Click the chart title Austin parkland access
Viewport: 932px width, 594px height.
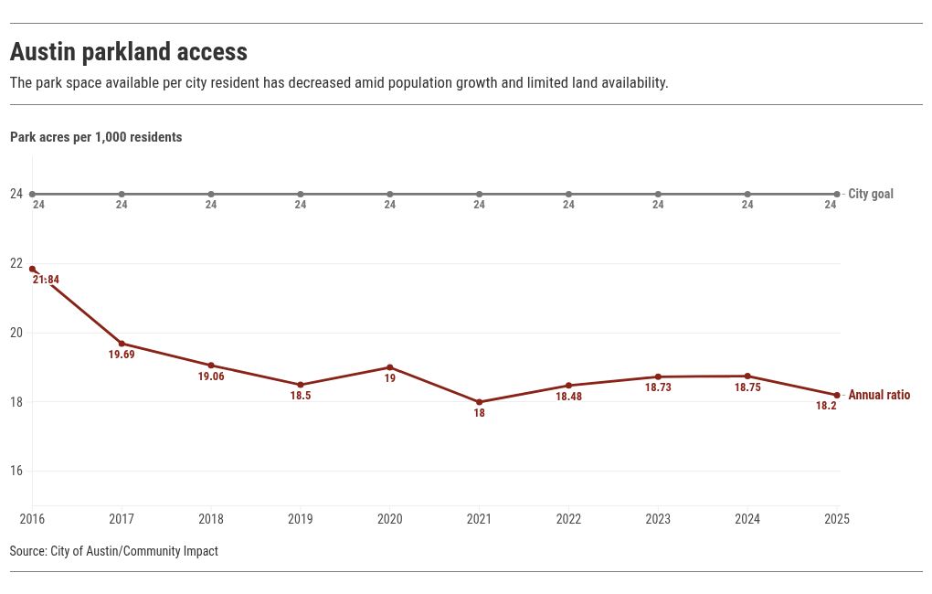coord(129,52)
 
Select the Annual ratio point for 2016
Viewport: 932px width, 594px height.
coord(33,270)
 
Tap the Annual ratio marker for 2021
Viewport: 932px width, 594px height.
coord(479,402)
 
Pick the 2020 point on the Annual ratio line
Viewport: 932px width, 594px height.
coord(390,367)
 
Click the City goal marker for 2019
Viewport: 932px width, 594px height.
coord(301,194)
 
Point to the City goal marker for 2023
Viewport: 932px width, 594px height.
coord(658,194)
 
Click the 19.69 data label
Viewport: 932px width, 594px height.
coord(122,355)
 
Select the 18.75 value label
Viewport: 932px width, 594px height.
coord(747,387)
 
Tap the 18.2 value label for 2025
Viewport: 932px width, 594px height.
coord(826,406)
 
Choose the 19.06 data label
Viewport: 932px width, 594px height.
coord(211,377)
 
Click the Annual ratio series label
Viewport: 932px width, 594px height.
coord(879,396)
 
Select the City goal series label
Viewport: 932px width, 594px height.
coord(871,194)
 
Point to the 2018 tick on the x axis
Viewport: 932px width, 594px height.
coord(211,519)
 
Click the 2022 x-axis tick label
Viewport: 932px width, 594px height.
coord(568,519)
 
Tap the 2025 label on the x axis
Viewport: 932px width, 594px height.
coord(837,519)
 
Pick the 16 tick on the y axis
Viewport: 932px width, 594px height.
coord(16,472)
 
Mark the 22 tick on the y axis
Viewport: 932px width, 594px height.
coord(16,263)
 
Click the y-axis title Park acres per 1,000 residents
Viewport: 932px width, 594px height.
coord(96,137)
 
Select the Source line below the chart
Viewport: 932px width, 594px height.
coord(114,551)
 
